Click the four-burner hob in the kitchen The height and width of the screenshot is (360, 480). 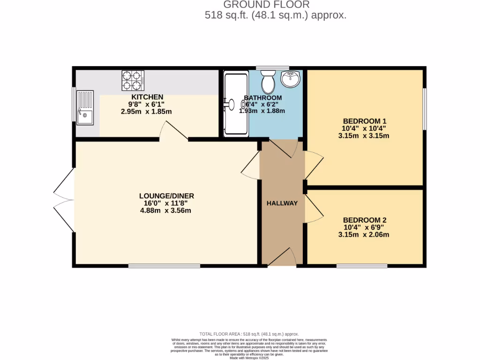133,80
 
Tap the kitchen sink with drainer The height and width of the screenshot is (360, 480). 85,108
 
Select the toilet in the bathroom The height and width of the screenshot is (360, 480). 269,82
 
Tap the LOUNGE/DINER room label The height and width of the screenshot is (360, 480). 166,196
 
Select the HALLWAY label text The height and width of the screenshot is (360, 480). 282,203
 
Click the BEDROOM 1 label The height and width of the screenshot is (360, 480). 364,121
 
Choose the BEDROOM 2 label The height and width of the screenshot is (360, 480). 364,220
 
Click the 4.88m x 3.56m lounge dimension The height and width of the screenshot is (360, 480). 166,211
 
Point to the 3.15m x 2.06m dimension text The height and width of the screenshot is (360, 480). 364,235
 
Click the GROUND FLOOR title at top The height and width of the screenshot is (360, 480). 266,5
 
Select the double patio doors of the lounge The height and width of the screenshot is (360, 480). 64,200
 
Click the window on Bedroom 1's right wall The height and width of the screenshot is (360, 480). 425,109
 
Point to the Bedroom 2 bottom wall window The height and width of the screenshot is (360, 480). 361,266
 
